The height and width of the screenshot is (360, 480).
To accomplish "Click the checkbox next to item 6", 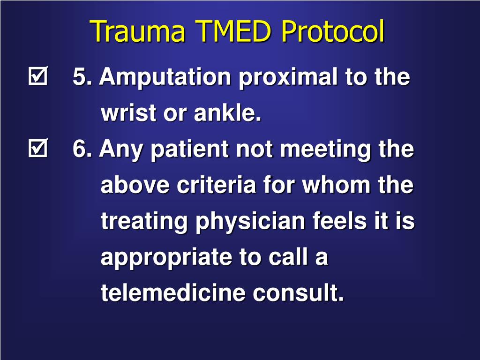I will [38, 150].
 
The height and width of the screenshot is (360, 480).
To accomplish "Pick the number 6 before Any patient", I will [79, 150].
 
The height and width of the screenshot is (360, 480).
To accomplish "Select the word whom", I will [338, 185].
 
